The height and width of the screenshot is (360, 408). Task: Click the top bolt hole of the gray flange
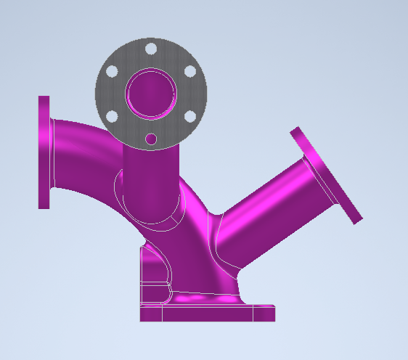(x=151, y=49)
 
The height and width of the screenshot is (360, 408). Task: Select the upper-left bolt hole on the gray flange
(x=112, y=72)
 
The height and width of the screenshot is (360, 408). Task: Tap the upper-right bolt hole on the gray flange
(x=189, y=71)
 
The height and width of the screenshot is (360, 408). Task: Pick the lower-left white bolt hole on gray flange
(x=112, y=116)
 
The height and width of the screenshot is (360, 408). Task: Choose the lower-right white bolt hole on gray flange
(x=189, y=116)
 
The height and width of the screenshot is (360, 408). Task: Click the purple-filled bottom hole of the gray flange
(x=151, y=139)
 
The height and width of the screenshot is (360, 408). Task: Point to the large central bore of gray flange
(x=151, y=94)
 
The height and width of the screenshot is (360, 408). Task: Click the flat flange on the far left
(x=44, y=152)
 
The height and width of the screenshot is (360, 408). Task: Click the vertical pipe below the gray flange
(x=149, y=181)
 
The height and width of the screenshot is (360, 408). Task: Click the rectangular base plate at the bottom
(x=207, y=314)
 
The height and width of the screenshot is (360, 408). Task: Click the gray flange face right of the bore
(x=190, y=94)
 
